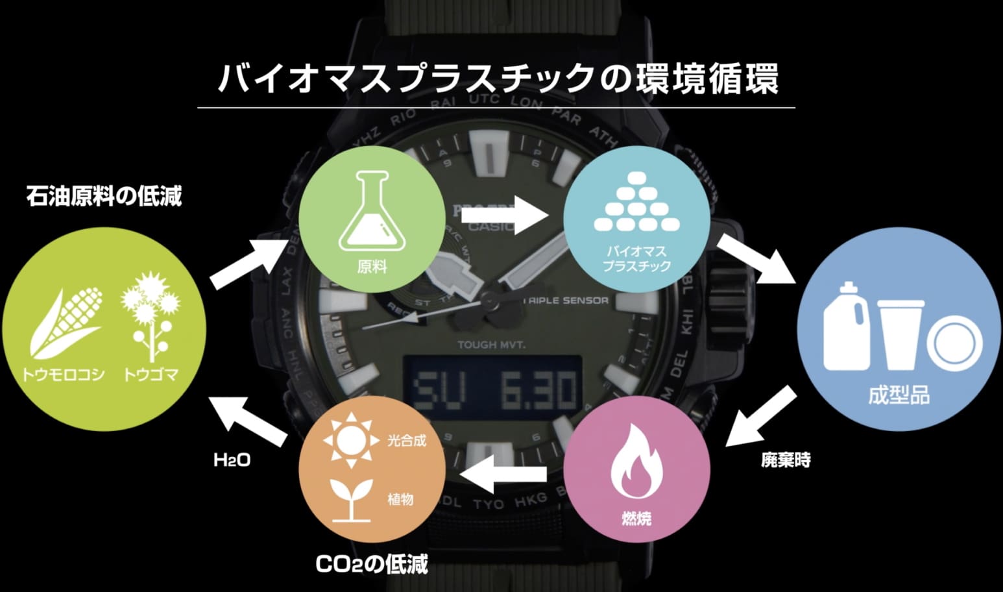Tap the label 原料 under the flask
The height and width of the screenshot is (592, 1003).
click(372, 266)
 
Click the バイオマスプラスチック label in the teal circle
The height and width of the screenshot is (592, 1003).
click(636, 258)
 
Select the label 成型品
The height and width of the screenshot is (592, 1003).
click(899, 395)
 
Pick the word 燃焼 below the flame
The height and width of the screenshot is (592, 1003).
click(636, 518)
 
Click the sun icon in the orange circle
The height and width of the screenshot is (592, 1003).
click(351, 439)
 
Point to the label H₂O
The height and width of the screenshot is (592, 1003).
click(232, 460)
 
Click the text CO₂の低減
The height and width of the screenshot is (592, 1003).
click(372, 564)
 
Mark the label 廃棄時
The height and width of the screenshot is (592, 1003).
click(786, 460)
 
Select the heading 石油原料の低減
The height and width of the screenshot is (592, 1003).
click(104, 196)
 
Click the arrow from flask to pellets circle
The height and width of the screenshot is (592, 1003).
click(505, 215)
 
